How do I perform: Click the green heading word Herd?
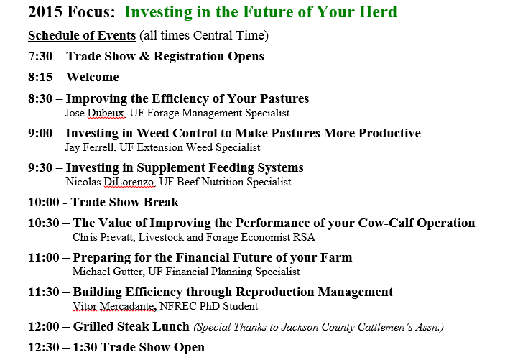click(x=376, y=13)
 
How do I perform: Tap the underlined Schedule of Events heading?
click(x=81, y=36)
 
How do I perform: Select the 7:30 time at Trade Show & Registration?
click(x=41, y=56)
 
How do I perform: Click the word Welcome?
click(x=93, y=77)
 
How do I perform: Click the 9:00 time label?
click(x=41, y=133)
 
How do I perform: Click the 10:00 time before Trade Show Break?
click(x=45, y=202)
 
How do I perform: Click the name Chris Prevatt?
click(x=103, y=237)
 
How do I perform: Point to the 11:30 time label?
click(x=45, y=292)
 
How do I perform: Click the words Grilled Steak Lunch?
click(x=131, y=326)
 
